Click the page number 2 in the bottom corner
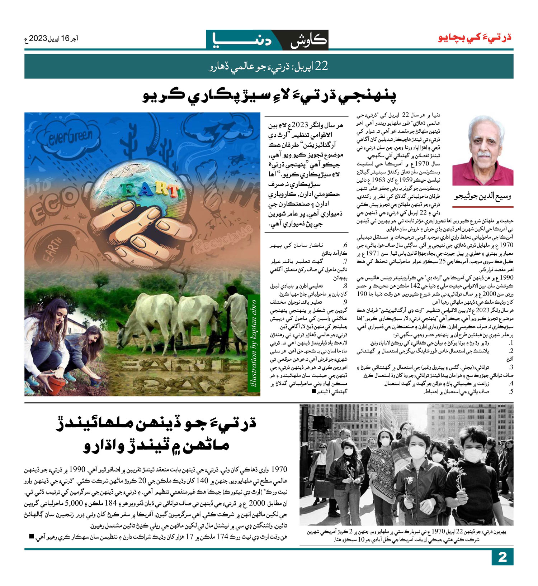(x=502, y=558)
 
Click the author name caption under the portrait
(x=483, y=196)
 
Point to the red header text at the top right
(x=475, y=38)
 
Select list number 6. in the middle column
(x=345, y=245)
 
